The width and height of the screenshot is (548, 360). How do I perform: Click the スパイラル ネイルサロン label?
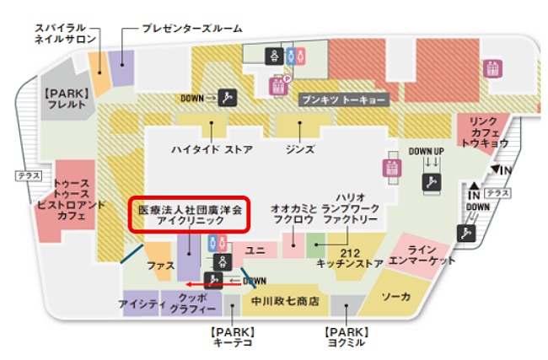pyautogui.click(x=65, y=33)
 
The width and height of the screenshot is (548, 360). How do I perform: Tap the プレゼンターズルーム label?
pyautogui.click(x=192, y=27)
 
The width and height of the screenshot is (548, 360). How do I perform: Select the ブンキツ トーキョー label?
pyautogui.click(x=344, y=99)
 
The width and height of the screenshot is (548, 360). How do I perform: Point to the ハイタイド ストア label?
pyautogui.click(x=212, y=149)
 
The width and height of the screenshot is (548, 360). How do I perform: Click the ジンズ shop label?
pyautogui.click(x=300, y=149)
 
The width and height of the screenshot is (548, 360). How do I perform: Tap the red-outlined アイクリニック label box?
pyautogui.click(x=189, y=213)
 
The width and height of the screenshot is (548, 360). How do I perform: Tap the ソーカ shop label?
pyautogui.click(x=396, y=297)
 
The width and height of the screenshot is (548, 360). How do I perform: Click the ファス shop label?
pyautogui.click(x=158, y=264)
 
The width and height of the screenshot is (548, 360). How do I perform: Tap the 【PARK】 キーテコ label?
pyautogui.click(x=232, y=336)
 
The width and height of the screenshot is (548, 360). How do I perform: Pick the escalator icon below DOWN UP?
pyautogui.click(x=432, y=180)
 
